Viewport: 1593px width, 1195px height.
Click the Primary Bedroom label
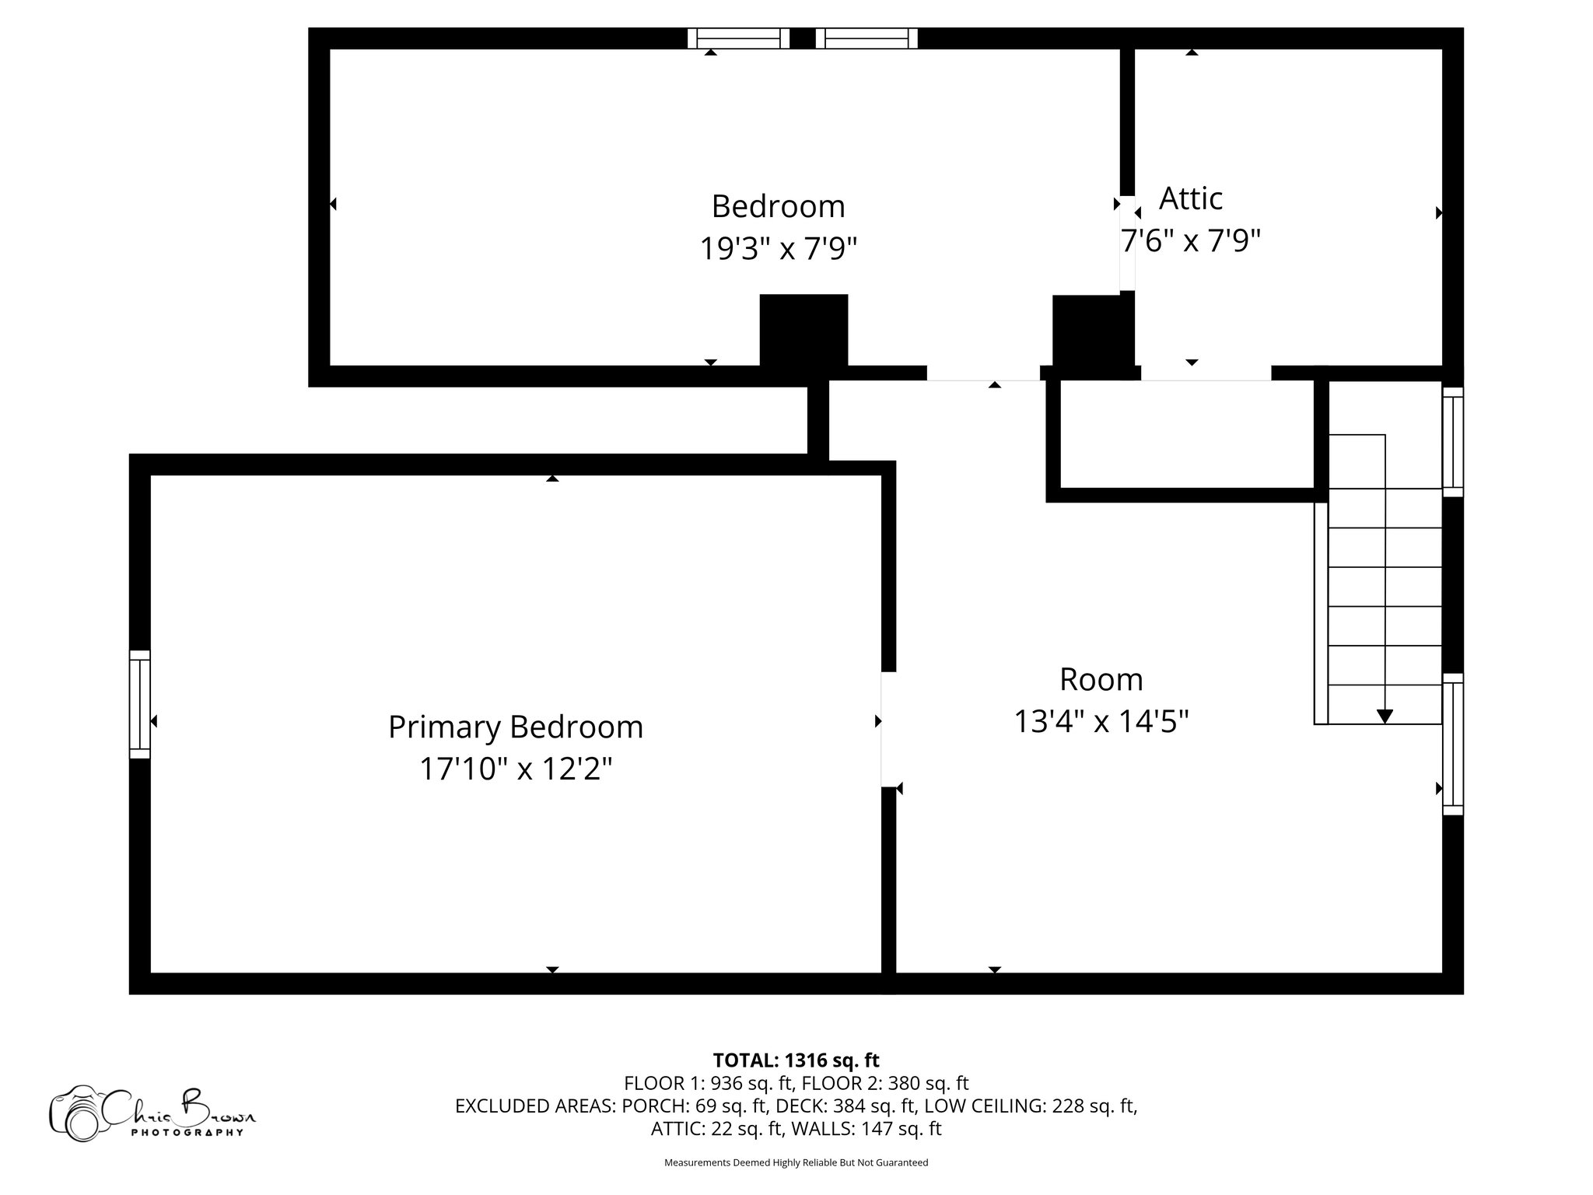point(515,727)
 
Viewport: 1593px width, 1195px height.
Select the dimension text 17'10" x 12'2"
point(515,769)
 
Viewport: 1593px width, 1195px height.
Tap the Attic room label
point(1190,198)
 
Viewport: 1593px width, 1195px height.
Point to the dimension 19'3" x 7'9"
point(778,249)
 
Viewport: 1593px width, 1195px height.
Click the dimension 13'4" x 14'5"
point(1101,722)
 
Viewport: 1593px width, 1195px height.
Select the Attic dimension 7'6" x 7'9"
point(1190,241)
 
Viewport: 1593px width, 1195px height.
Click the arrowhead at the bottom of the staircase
point(1385,716)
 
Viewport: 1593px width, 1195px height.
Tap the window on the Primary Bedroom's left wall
point(139,704)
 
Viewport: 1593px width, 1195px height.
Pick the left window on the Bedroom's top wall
point(738,38)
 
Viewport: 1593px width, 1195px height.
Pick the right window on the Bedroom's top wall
point(867,38)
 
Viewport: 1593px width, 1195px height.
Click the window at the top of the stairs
point(1452,442)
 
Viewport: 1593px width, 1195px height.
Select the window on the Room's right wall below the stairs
point(1452,745)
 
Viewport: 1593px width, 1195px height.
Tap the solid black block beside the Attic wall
point(1087,331)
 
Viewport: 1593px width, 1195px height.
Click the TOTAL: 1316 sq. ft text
point(796,1060)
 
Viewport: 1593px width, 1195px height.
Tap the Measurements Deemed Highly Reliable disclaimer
point(796,1162)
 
